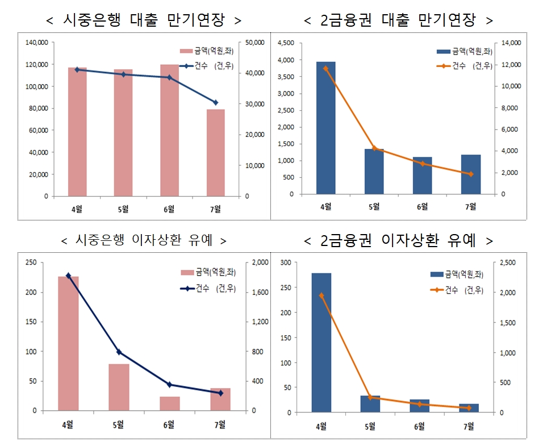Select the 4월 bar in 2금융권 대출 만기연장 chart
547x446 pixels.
pyautogui.click(x=326, y=128)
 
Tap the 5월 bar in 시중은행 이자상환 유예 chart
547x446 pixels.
pyautogui.click(x=119, y=387)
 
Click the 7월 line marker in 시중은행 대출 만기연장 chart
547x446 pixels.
pyautogui.click(x=215, y=102)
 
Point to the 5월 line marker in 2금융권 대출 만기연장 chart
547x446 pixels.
pyautogui.click(x=374, y=148)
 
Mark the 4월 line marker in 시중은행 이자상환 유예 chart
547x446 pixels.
pyautogui.click(x=69, y=276)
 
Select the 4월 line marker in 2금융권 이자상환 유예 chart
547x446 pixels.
pyautogui.click(x=321, y=295)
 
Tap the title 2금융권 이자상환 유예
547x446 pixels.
pyautogui.click(x=398, y=241)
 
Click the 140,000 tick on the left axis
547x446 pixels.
pyautogui.click(x=37, y=43)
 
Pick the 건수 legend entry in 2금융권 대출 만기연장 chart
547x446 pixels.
pyautogui.click(x=460, y=66)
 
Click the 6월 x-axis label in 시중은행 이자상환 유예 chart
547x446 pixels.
pyautogui.click(x=169, y=424)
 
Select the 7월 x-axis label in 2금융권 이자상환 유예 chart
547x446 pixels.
pyautogui.click(x=469, y=426)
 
